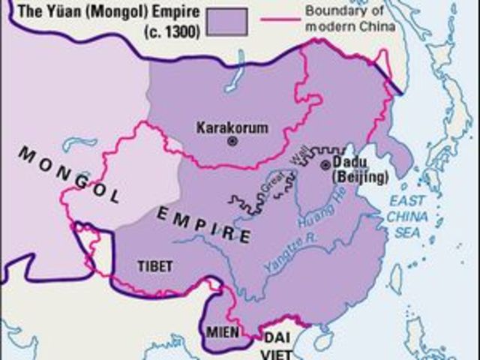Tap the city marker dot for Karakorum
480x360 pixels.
click(232, 140)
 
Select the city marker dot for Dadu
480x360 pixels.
click(325, 165)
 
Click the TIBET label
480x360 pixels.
click(155, 266)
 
